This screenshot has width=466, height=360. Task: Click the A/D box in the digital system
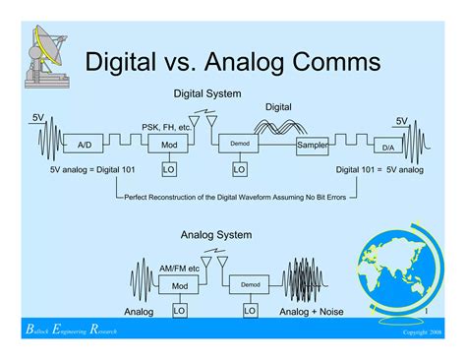(85, 145)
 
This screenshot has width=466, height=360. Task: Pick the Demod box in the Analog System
(251, 285)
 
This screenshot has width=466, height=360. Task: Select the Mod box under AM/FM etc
(179, 286)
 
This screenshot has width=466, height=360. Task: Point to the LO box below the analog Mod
(179, 310)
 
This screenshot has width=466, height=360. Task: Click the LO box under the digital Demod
(240, 169)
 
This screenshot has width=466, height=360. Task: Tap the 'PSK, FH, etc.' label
(166, 127)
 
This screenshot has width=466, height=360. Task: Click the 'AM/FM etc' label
(179, 269)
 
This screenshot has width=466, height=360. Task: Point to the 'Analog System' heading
(216, 235)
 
